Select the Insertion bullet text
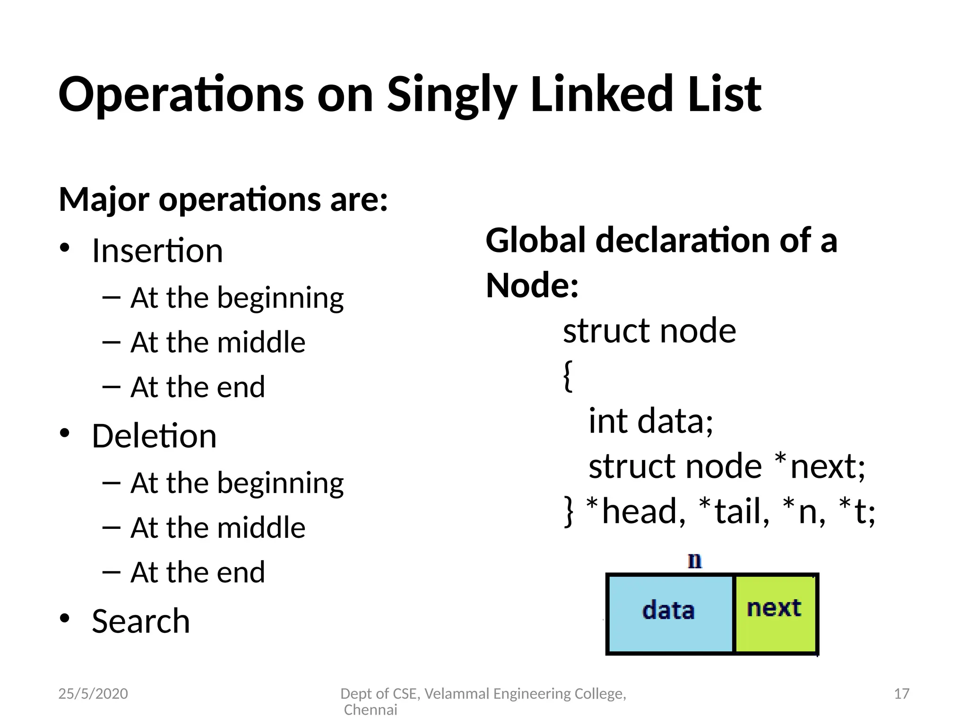157,251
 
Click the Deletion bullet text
154,436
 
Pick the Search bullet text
141,621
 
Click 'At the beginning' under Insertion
237,298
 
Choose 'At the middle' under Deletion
218,527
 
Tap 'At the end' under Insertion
198,387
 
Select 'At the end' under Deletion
198,572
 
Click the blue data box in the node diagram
669,614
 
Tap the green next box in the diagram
775,614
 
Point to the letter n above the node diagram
695,561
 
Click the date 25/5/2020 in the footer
93,694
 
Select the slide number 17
901,694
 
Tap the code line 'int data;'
650,421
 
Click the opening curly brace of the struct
568,376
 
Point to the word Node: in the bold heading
532,286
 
